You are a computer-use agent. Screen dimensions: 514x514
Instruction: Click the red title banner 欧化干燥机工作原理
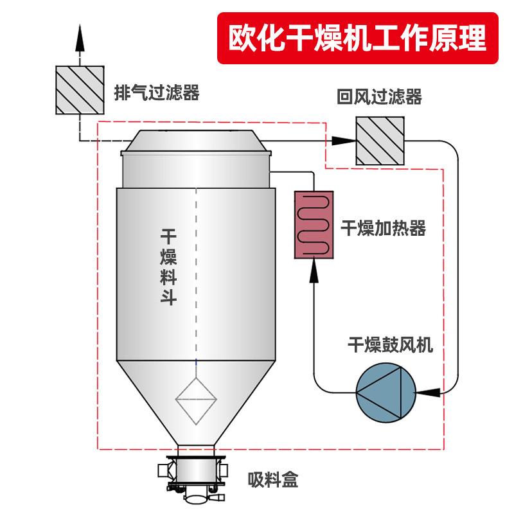click(x=359, y=37)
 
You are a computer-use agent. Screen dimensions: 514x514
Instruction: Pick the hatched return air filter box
click(x=380, y=140)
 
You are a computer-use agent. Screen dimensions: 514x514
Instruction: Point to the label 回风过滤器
click(x=379, y=97)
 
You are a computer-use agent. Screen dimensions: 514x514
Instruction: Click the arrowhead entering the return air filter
click(x=339, y=139)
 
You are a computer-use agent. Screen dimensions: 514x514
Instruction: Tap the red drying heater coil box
click(x=315, y=224)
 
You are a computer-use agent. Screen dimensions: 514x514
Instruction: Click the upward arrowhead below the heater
click(x=314, y=272)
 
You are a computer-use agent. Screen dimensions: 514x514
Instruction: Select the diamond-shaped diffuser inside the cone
click(x=197, y=400)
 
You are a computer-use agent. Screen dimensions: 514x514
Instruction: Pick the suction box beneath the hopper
click(x=197, y=479)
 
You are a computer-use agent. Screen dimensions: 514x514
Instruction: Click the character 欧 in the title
click(x=245, y=37)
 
